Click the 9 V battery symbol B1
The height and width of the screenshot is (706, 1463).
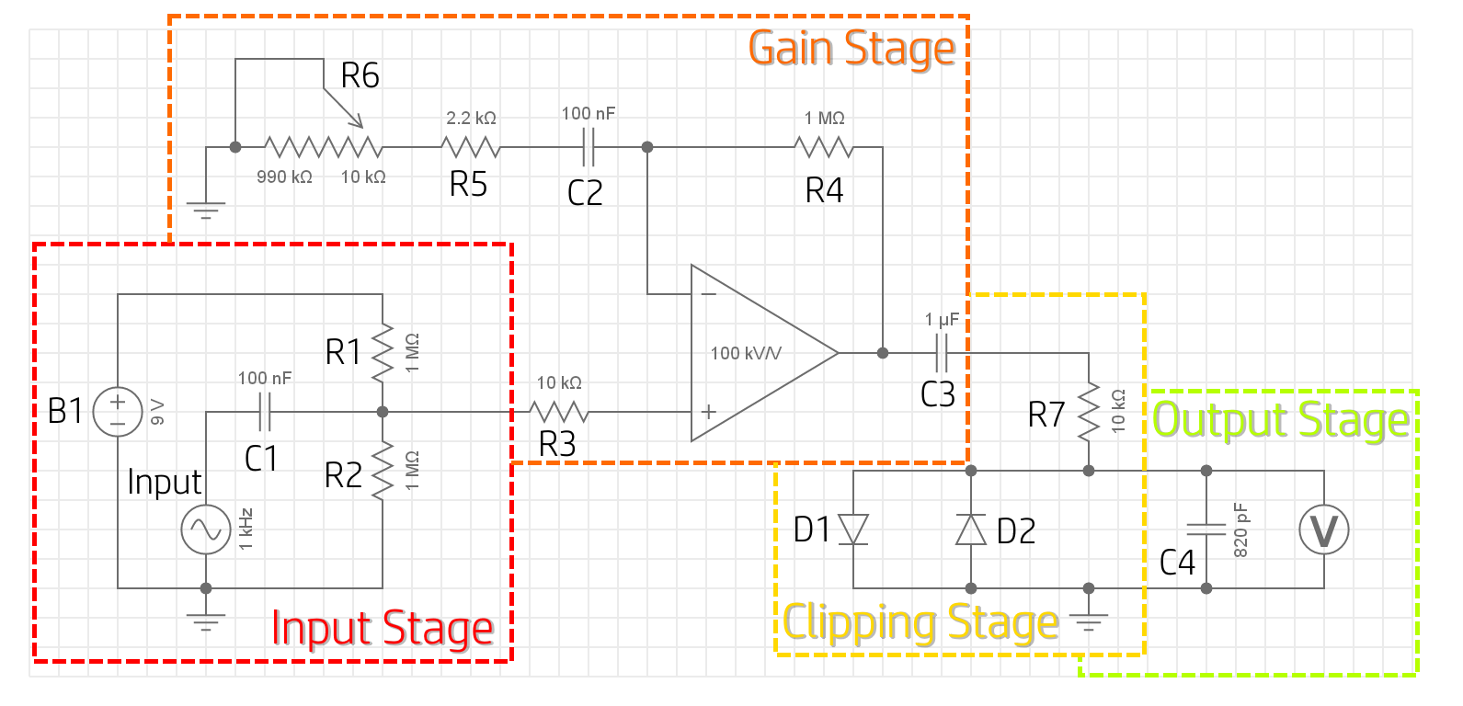pos(118,412)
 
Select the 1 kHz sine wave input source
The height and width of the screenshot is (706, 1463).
pos(206,529)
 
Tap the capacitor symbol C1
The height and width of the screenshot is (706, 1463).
pos(265,412)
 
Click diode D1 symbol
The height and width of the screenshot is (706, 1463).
pos(853,529)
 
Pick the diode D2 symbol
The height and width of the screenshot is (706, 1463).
pos(971,529)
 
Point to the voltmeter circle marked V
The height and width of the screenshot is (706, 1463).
pos(1323,529)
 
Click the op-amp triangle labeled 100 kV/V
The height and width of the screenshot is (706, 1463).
pos(754,353)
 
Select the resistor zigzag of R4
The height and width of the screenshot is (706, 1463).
pos(824,147)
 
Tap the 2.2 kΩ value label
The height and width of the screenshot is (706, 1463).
pos(471,118)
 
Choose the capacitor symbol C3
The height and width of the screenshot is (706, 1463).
pos(942,353)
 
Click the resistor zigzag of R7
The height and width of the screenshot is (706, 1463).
pos(1089,412)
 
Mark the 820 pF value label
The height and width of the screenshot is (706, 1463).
pos(1240,529)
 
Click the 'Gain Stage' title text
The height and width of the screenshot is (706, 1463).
pos(852,48)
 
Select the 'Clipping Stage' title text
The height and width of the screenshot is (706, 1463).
pos(920,623)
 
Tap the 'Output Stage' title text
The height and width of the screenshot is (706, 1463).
pos(1280,420)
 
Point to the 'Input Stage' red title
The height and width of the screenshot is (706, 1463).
pos(383,629)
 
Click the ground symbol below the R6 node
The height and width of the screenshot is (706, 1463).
pos(206,211)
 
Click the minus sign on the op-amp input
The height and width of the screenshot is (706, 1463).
pos(708,294)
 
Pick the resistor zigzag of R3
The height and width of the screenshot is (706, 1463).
pos(559,412)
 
